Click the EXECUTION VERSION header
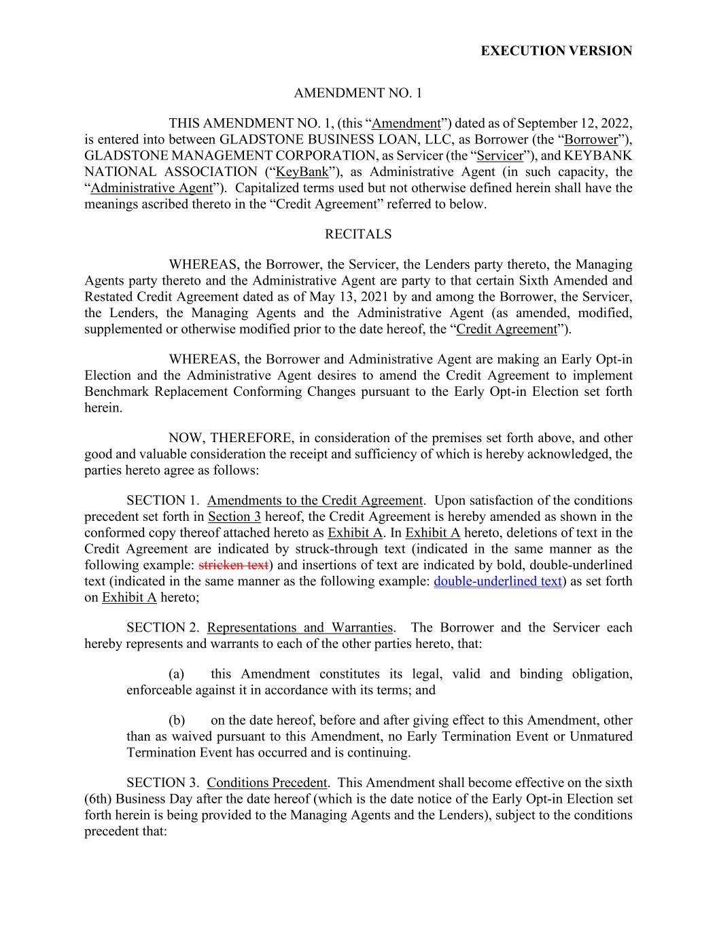point(556,51)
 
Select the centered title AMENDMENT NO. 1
point(357,92)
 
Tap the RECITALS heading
point(358,234)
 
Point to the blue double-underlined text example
point(497,581)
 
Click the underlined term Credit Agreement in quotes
point(506,329)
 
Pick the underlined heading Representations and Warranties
point(300,628)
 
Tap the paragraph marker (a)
point(177,674)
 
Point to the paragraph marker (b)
point(177,720)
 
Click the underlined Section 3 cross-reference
point(234,517)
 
